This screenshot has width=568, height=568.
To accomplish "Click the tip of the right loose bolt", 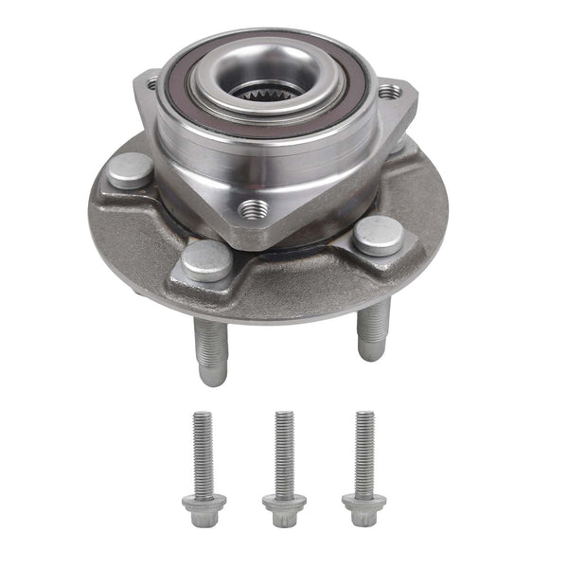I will [x=364, y=415].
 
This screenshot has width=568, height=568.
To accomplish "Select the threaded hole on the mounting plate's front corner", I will [x=254, y=207].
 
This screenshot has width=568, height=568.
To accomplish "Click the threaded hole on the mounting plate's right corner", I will [x=389, y=92].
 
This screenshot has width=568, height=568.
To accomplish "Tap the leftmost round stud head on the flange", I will [x=131, y=170].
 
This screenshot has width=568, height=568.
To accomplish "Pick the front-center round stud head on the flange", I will [x=206, y=257].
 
